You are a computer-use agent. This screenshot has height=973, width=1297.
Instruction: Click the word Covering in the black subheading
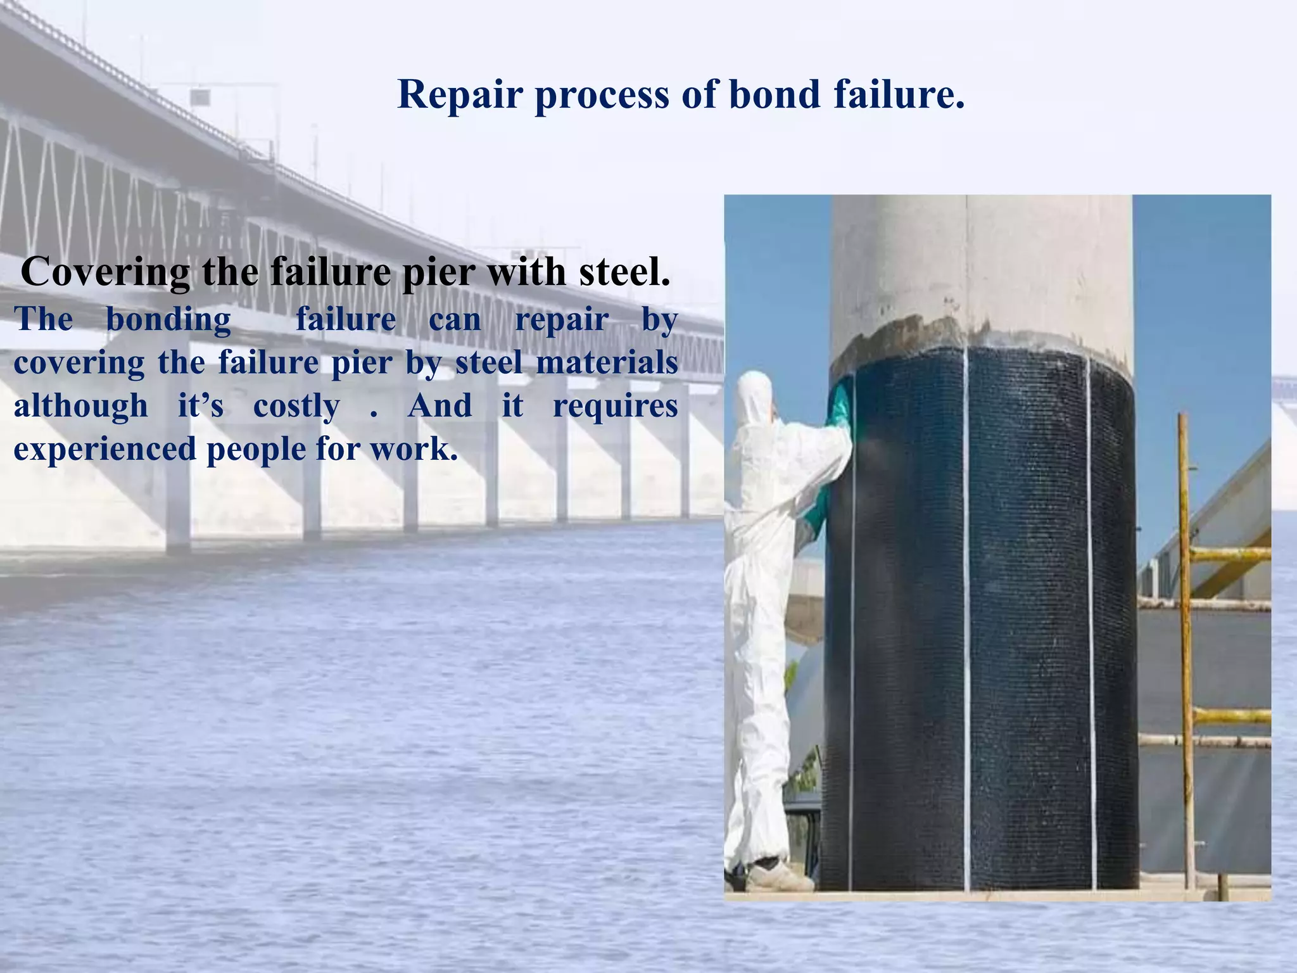pos(104,273)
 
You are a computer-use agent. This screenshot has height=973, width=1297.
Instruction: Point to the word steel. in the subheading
pos(624,272)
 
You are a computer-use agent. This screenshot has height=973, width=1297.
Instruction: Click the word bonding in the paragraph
pos(168,319)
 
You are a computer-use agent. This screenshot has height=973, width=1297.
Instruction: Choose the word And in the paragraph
pos(440,405)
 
